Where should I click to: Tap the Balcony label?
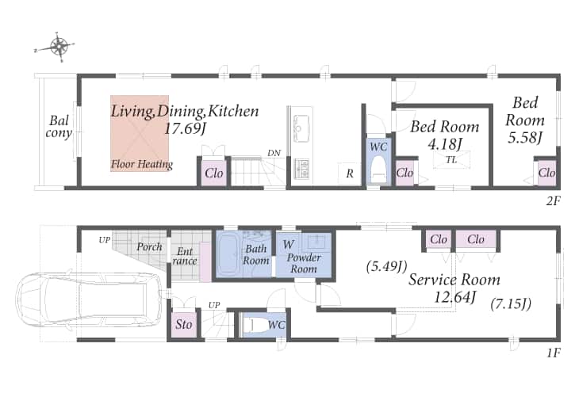(59, 127)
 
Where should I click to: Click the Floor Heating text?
(142, 164)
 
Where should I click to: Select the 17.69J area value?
(185, 129)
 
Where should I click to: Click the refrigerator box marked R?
(349, 173)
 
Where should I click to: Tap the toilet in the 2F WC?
(378, 169)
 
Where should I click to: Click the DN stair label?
(274, 153)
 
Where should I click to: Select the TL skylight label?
(451, 160)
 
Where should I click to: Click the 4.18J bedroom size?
(445, 144)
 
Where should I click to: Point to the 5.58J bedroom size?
(525, 138)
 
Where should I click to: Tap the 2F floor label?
(553, 201)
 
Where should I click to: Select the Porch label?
(149, 246)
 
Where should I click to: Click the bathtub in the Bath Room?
(230, 254)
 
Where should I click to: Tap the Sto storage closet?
(183, 324)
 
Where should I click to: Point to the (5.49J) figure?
(386, 266)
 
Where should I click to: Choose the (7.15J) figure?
(511, 304)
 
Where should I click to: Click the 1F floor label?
(554, 353)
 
